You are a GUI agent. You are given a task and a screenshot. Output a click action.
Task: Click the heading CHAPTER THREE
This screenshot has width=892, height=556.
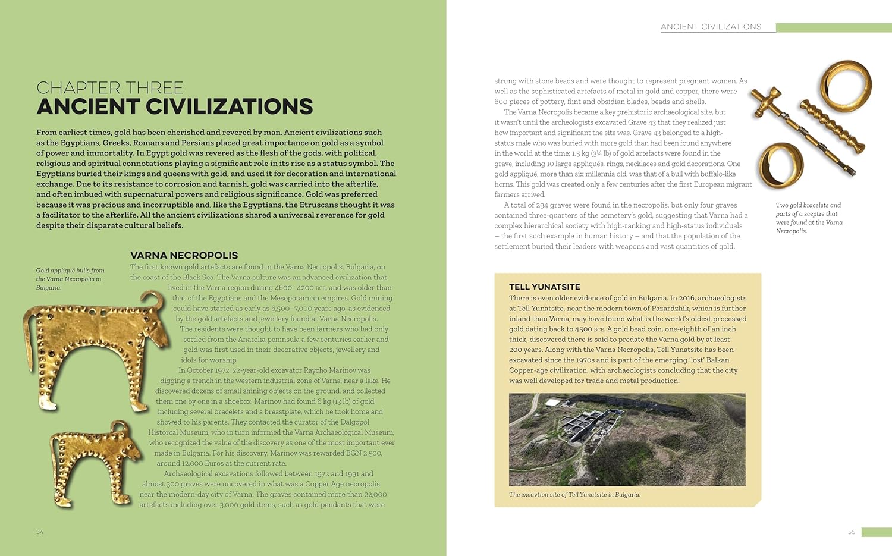[x=109, y=88]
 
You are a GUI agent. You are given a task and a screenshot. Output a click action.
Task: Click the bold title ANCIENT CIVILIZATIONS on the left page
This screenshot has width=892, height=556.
[x=174, y=107]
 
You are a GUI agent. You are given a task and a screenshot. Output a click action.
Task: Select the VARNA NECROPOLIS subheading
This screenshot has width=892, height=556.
[x=184, y=255]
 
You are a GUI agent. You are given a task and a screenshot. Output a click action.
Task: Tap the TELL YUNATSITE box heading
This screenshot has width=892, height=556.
[x=544, y=287]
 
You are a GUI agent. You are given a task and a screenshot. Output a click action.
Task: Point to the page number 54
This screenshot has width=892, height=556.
[x=40, y=532]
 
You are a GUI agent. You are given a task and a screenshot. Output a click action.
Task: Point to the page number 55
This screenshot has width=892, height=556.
[x=851, y=532]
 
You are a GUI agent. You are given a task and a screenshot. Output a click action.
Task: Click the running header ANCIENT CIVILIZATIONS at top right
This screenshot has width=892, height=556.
[x=711, y=27]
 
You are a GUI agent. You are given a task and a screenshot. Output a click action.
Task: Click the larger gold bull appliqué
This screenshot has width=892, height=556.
[x=89, y=351]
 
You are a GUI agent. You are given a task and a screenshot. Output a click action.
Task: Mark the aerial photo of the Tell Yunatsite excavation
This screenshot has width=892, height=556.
[x=627, y=439]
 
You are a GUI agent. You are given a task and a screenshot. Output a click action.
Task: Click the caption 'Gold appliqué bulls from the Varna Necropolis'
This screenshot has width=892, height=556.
[x=70, y=279]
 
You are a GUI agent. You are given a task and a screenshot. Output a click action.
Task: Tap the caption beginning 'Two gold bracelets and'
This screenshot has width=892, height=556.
[x=809, y=218]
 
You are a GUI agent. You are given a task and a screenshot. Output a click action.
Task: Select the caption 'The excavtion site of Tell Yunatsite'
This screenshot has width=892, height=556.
[x=574, y=494]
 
